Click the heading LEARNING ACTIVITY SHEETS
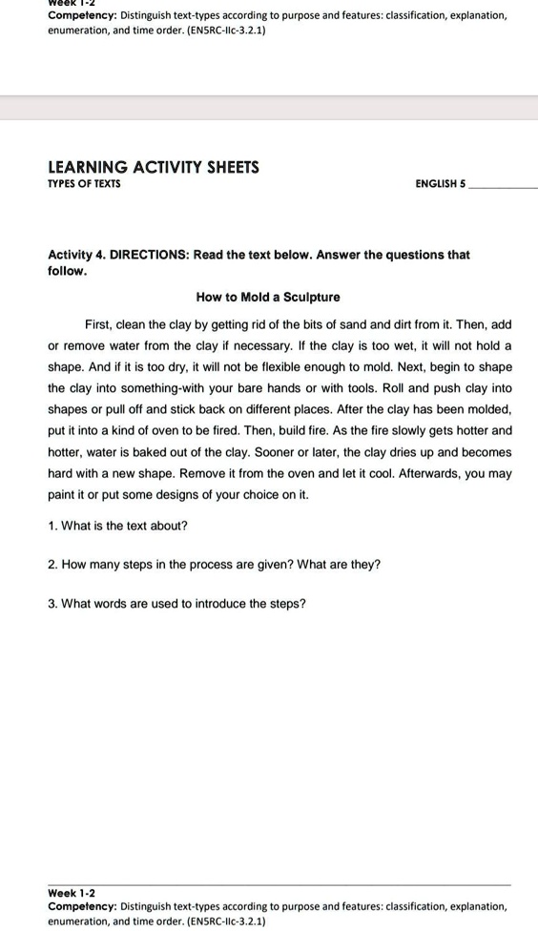click(154, 167)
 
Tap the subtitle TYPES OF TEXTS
click(84, 184)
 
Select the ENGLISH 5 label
click(441, 184)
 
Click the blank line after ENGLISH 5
click(504, 187)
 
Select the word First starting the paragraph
click(100, 324)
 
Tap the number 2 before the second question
click(52, 565)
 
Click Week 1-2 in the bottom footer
click(72, 893)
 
